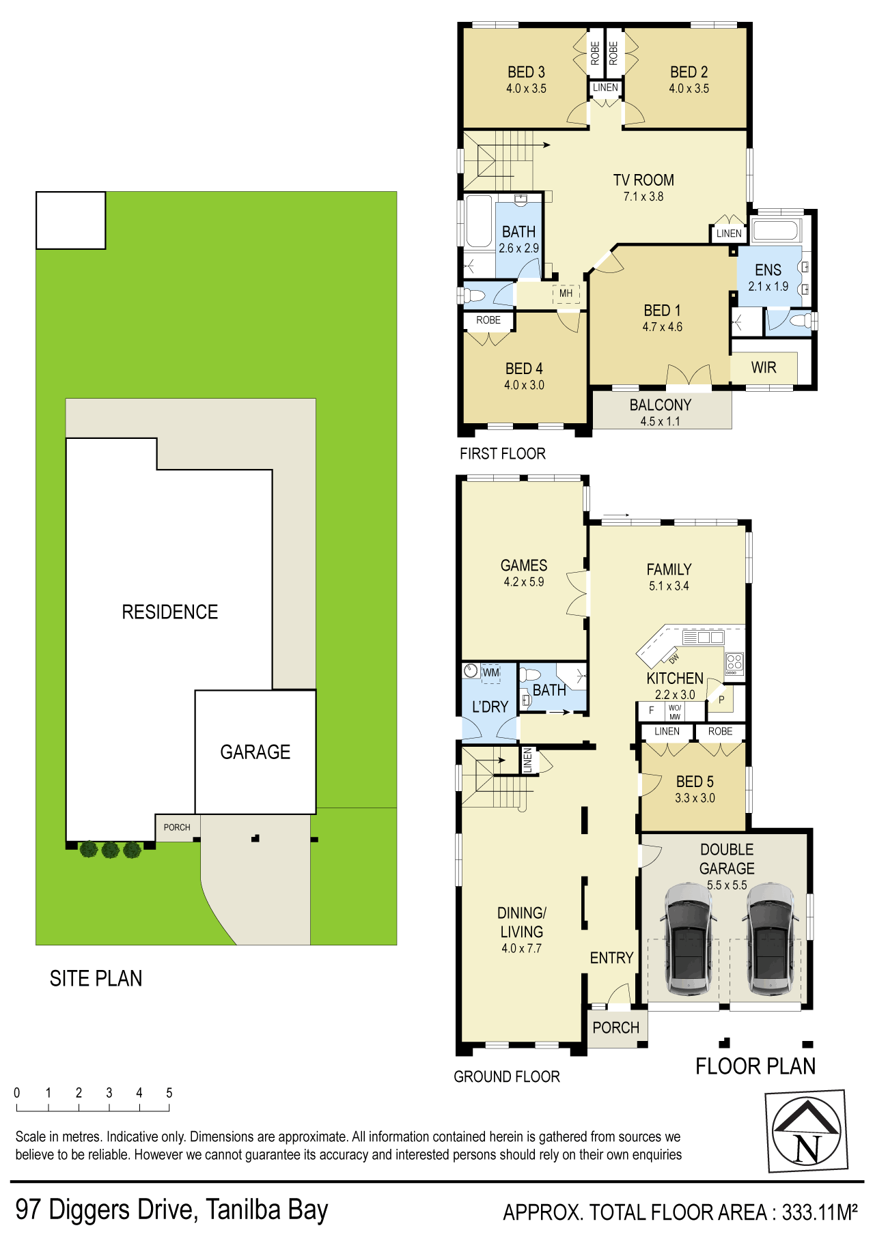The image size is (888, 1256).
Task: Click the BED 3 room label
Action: [526, 72]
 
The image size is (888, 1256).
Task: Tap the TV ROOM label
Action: [643, 180]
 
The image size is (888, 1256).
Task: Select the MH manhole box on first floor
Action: [566, 294]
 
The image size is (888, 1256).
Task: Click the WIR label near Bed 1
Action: [764, 368]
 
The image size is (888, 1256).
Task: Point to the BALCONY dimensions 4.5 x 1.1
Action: [660, 422]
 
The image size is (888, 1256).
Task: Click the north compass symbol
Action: [807, 1131]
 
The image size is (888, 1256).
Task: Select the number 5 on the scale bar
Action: [169, 1093]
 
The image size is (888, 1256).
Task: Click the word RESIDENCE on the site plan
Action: [170, 612]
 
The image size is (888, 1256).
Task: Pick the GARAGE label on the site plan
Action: [255, 752]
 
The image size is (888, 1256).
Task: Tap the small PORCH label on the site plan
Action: [177, 827]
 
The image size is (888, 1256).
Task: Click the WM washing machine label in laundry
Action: [491, 672]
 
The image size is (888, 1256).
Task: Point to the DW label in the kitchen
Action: [674, 659]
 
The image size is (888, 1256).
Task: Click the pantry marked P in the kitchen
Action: [721, 700]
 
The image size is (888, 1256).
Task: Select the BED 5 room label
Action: [695, 782]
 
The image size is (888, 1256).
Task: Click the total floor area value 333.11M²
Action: [820, 1212]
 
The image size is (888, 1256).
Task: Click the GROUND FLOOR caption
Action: [507, 1076]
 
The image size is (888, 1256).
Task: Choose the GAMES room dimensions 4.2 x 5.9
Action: [524, 582]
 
